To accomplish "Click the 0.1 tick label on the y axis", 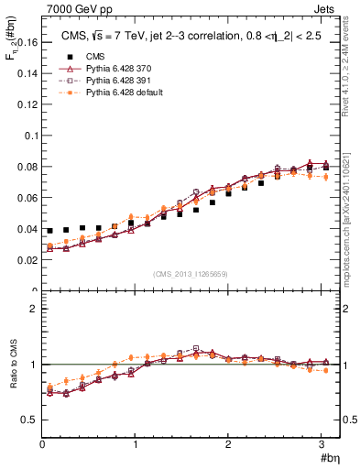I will (31, 135).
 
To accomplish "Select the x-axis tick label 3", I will (321, 444).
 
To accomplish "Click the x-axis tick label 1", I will (135, 444).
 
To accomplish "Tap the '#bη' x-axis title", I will (329, 458).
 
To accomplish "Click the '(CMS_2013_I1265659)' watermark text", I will (191, 275).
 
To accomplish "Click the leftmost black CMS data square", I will (50, 231).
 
